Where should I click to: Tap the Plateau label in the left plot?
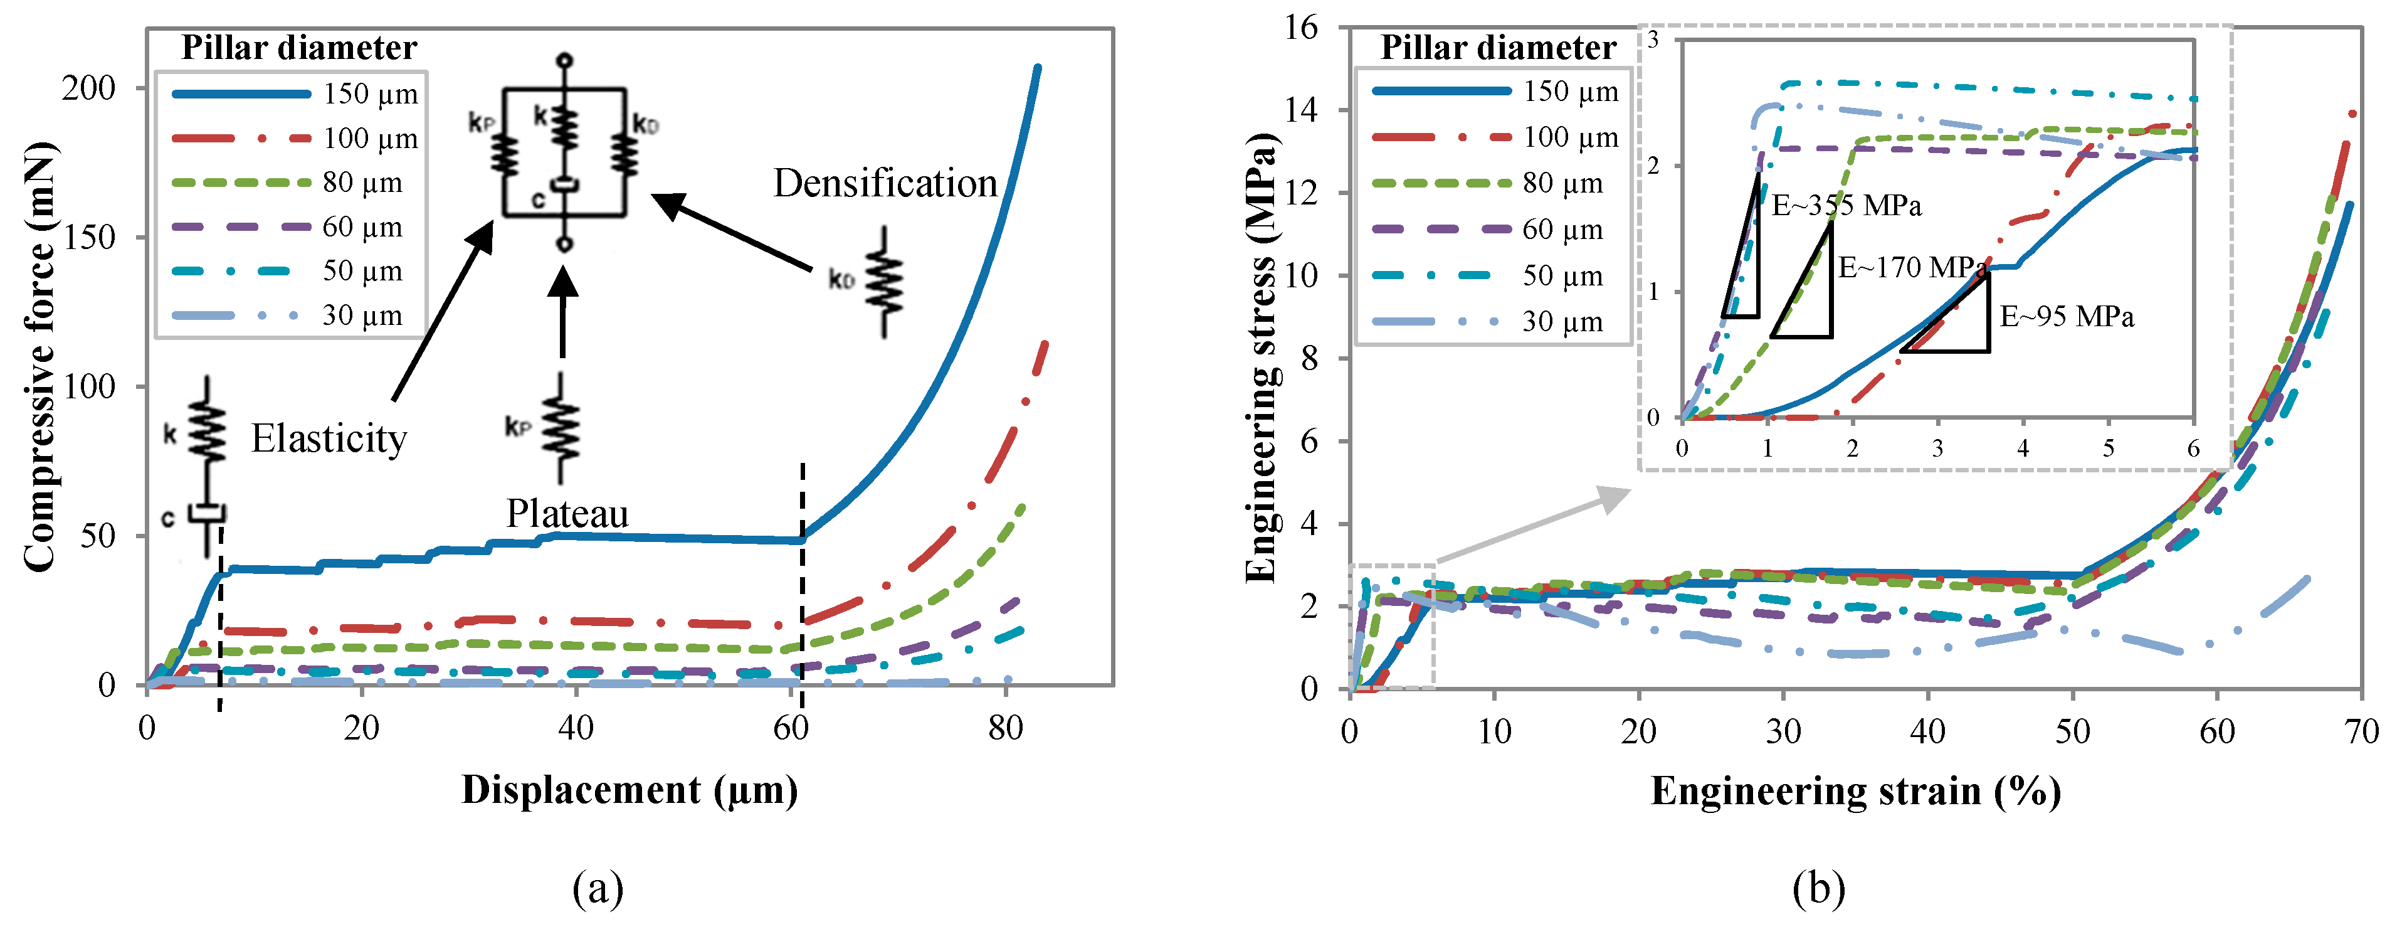(x=567, y=514)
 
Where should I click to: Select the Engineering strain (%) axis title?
(x=1856, y=792)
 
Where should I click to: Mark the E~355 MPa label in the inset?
(x=1845, y=205)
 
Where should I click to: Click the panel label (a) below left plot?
(x=598, y=888)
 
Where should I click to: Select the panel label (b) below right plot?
(x=1818, y=888)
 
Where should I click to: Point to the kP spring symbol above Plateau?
(x=561, y=429)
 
